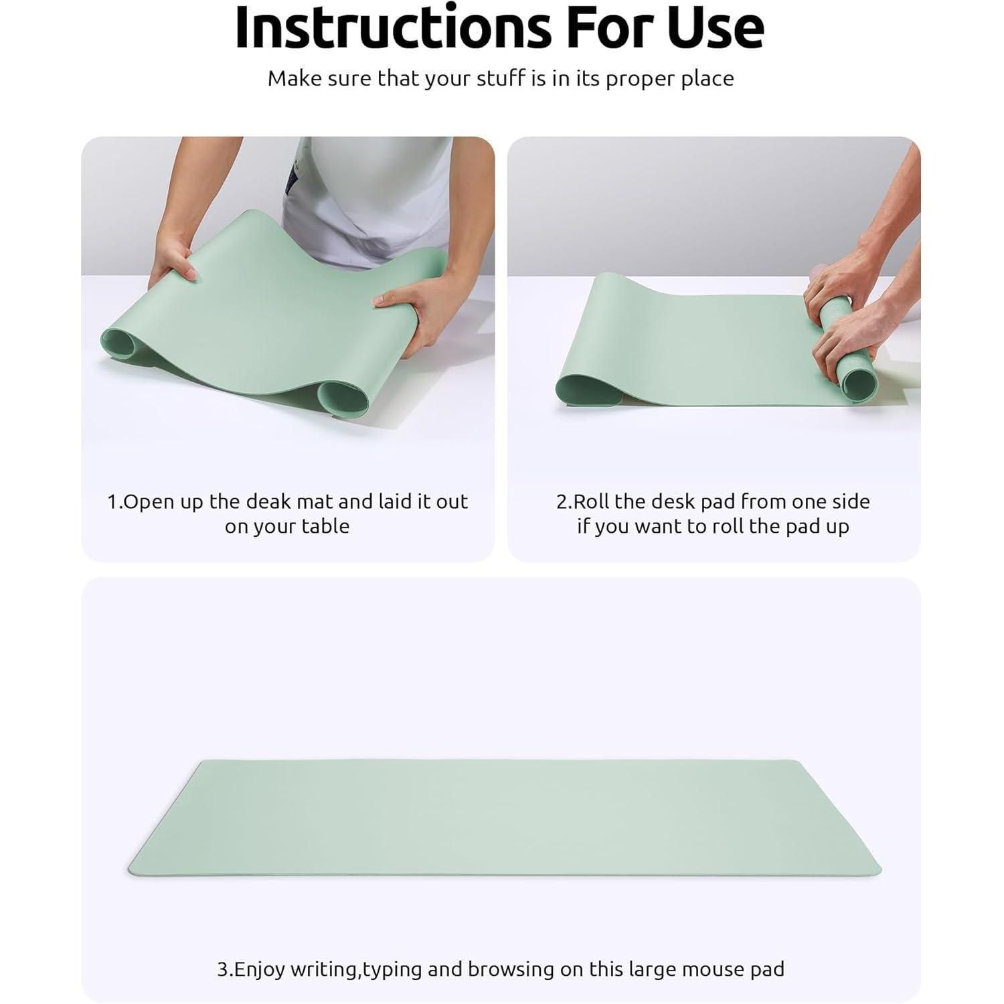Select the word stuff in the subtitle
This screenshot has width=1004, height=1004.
tap(501, 78)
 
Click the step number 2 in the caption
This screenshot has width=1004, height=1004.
tap(562, 501)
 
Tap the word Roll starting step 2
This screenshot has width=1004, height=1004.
tap(591, 501)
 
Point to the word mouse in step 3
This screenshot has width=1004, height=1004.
tap(691, 970)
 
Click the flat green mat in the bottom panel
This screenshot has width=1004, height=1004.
tap(505, 818)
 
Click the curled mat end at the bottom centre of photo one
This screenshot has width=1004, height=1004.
tap(343, 399)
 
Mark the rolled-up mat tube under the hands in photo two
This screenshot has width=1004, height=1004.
tap(849, 355)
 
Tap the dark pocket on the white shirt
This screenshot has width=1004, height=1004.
tap(290, 175)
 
